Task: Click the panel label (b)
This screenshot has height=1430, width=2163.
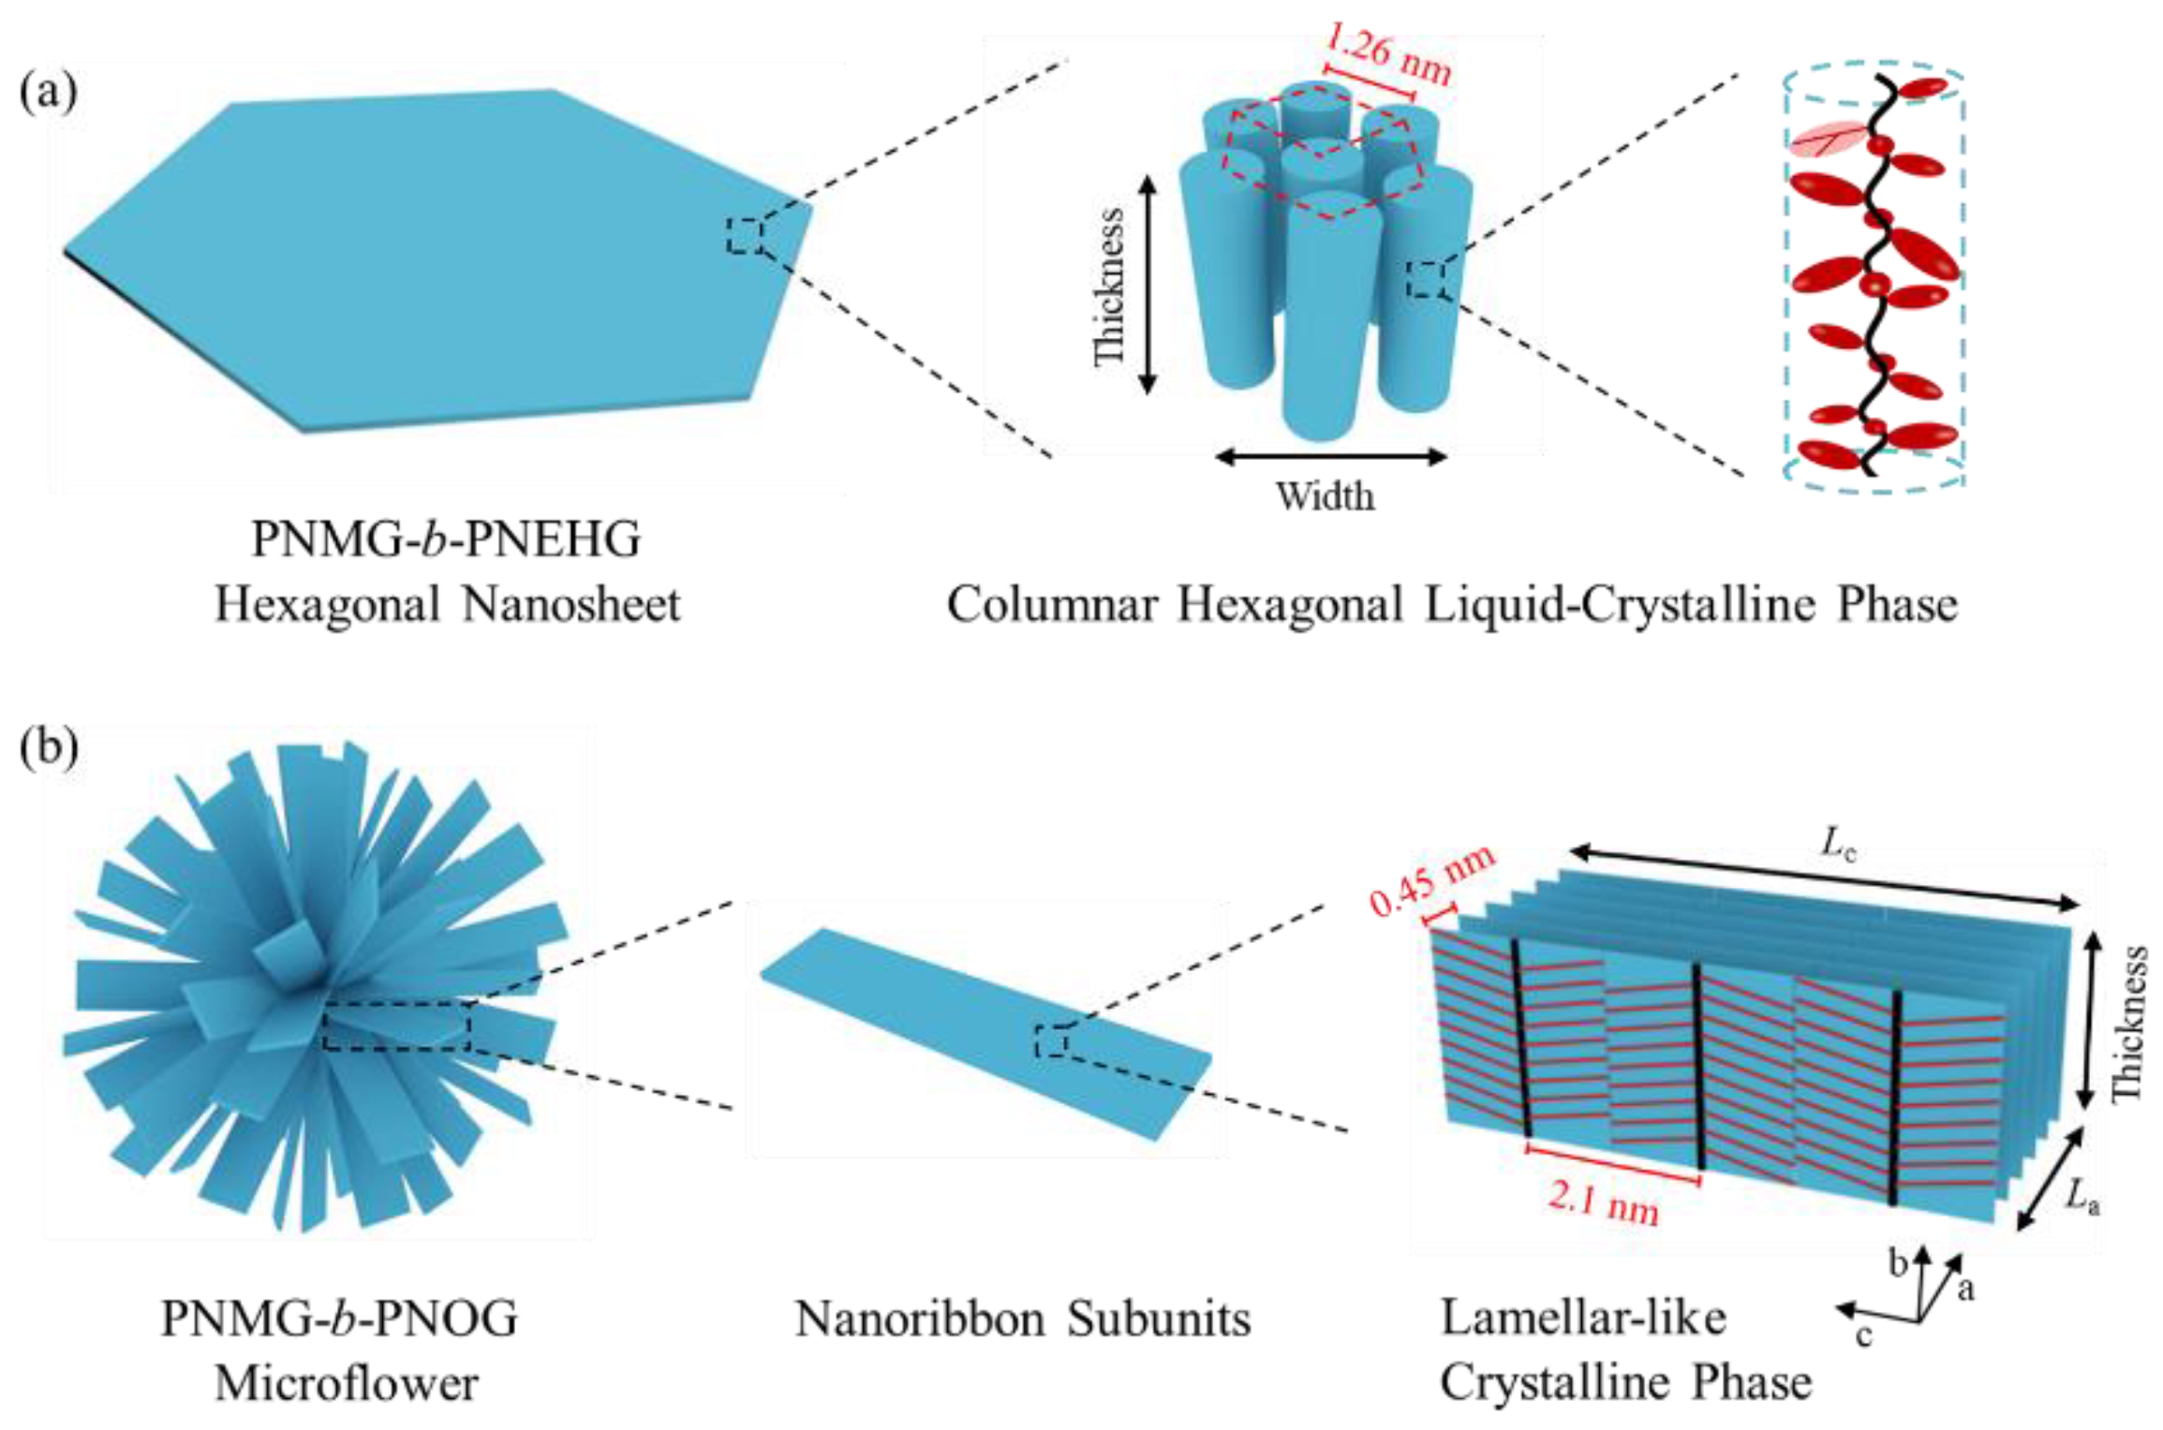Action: click(x=49, y=749)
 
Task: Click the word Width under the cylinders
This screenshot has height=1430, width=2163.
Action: click(x=1325, y=496)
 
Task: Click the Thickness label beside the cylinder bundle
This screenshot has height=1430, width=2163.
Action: click(x=1110, y=287)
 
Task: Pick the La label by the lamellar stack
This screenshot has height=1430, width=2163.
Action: click(x=2082, y=1196)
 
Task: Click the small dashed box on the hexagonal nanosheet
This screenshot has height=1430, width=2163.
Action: click(x=745, y=235)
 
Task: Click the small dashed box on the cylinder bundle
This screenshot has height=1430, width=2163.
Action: click(x=1425, y=279)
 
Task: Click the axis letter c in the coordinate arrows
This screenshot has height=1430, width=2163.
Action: click(x=1863, y=1335)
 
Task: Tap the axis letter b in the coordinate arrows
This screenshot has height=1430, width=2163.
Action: click(x=1898, y=1263)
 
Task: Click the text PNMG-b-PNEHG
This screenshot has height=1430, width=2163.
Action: click(x=446, y=539)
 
